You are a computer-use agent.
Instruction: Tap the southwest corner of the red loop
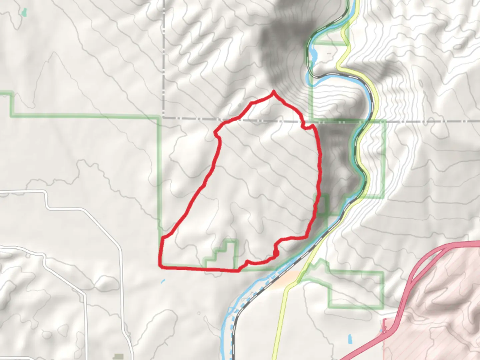click(160, 266)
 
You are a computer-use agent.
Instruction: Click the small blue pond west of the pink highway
click(350, 339)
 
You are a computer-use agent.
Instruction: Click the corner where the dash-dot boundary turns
click(164, 118)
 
